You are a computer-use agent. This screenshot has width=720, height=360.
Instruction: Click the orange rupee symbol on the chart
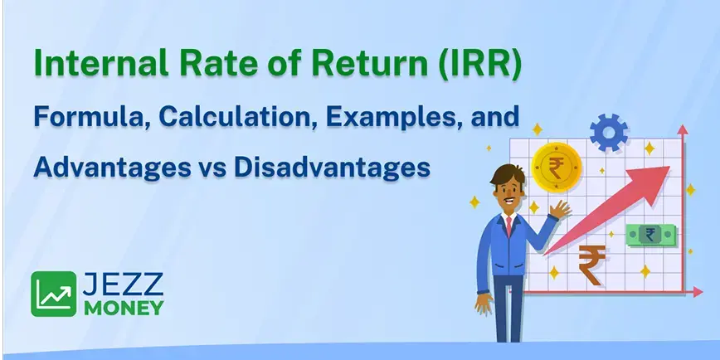tap(592, 263)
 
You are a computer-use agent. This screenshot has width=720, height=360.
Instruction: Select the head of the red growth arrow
tap(658, 175)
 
